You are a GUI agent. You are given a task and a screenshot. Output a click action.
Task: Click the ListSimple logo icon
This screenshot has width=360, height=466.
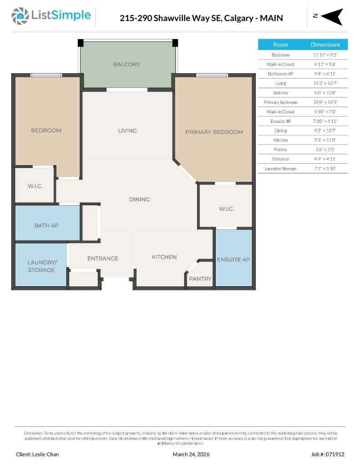pos(20,16)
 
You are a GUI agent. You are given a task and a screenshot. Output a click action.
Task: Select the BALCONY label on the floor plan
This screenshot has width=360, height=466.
pos(127,65)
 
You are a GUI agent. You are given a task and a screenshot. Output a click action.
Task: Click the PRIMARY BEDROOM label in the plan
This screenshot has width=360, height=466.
pos(214,132)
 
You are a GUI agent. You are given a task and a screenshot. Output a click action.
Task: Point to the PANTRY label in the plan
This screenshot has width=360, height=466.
pos(200,279)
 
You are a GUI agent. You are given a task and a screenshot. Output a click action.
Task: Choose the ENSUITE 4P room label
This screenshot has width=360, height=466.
pos(233,259)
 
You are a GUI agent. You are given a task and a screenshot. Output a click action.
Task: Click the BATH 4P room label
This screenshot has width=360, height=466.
pos(46,225)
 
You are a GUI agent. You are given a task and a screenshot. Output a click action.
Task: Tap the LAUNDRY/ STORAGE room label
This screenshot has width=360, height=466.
pos(41,266)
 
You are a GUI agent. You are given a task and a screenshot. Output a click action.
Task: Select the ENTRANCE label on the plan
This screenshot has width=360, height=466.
pos(102,258)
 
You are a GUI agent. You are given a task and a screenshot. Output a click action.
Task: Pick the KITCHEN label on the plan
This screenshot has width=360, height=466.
pos(164,257)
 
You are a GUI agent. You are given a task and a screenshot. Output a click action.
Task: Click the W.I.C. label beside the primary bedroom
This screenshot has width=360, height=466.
pos(226,209)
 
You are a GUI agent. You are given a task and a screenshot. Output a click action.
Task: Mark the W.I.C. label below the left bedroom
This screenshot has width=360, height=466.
pos(35,186)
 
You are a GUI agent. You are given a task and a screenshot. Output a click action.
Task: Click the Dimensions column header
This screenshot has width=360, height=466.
pos(325,45)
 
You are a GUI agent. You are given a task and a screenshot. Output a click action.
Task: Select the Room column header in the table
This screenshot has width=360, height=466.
pos(280,45)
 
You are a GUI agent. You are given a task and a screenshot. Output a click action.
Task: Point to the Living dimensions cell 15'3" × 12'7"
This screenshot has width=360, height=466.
pos(325,83)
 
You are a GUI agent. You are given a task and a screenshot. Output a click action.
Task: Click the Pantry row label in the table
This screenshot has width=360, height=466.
pos(280,150)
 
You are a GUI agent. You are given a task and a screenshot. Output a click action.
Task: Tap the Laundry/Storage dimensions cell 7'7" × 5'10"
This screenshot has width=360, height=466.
pos(325,169)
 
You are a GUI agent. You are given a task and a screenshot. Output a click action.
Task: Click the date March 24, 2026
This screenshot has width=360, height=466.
pos(191,454)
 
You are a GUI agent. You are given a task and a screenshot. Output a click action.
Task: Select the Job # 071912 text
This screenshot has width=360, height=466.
pos(328,454)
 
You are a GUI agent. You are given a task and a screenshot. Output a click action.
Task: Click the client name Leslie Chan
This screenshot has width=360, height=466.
pos(37,454)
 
